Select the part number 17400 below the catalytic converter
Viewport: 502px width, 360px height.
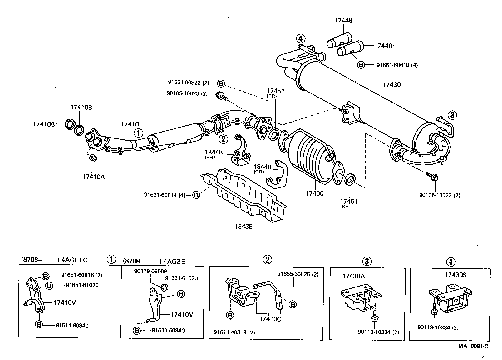(x=314, y=193)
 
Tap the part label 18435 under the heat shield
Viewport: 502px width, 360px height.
(x=244, y=227)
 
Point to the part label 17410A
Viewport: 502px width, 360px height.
(x=94, y=177)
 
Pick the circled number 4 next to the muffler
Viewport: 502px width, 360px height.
(x=300, y=39)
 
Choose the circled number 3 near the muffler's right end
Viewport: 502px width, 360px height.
(x=452, y=115)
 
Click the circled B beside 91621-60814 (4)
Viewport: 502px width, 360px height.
(x=196, y=195)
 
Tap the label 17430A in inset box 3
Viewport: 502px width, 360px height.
(x=353, y=276)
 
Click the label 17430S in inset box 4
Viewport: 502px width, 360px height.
(x=455, y=275)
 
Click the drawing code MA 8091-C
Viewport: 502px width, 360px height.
(x=473, y=346)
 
